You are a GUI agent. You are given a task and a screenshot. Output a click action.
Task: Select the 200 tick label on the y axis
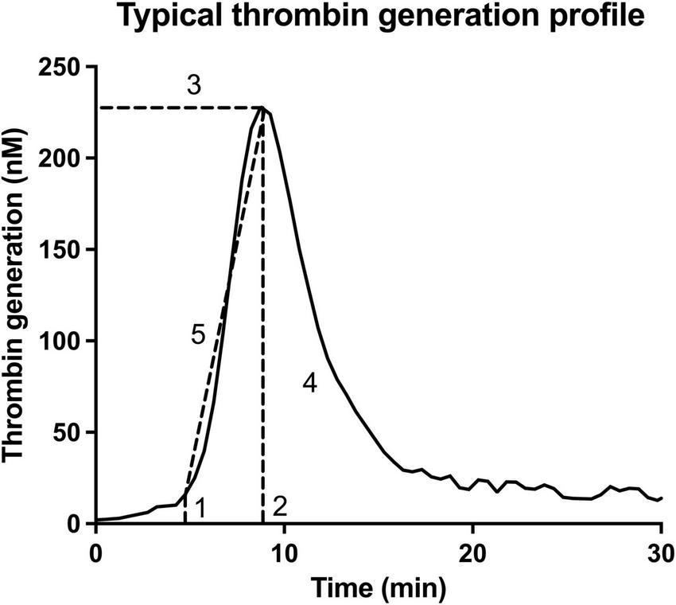[61, 158]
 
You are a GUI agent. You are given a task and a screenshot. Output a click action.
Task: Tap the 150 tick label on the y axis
[61, 250]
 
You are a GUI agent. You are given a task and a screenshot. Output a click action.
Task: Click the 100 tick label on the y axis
[61, 342]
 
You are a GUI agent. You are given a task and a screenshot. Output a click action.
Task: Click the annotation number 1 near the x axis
[201, 506]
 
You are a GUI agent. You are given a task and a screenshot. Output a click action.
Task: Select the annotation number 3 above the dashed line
[193, 86]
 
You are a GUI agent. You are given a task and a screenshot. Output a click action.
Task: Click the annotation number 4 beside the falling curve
[309, 384]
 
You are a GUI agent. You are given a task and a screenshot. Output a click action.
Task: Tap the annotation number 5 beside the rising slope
[199, 335]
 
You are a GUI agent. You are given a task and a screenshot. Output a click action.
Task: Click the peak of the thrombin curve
[263, 107]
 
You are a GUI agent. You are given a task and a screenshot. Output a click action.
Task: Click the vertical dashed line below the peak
[262, 358]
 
